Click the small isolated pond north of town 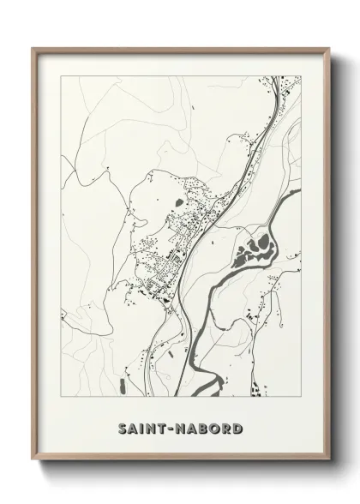(x=176, y=202)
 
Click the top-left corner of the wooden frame (x=33, y=48)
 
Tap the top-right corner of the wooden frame (x=331, y=48)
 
